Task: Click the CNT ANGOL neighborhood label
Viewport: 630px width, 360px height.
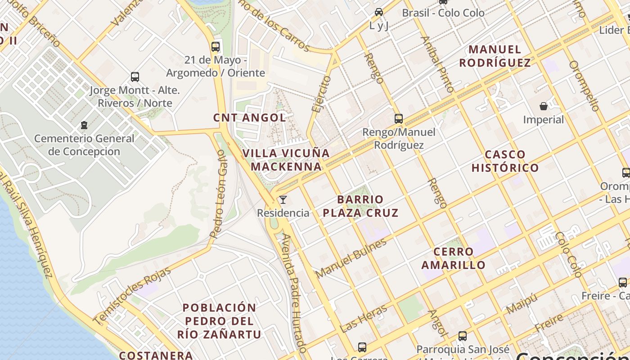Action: click(x=249, y=118)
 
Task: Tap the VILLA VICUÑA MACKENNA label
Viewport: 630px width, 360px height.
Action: click(x=286, y=160)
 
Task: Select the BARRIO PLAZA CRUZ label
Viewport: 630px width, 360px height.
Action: click(x=360, y=206)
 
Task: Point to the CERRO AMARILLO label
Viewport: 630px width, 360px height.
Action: click(x=453, y=258)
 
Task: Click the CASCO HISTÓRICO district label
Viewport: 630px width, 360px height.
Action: click(x=505, y=161)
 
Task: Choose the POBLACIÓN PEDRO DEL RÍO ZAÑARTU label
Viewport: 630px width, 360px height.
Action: click(x=219, y=321)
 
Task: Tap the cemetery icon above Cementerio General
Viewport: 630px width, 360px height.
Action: click(x=84, y=125)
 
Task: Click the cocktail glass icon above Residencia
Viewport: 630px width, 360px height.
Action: click(x=283, y=199)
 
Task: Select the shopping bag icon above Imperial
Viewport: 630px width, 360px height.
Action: click(x=544, y=106)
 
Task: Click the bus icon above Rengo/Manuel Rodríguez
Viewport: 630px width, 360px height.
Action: click(x=399, y=119)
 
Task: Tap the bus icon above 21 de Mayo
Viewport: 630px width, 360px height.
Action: click(x=216, y=46)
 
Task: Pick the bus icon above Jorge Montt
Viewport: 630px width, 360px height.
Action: click(x=135, y=77)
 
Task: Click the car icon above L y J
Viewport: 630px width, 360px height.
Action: click(x=379, y=12)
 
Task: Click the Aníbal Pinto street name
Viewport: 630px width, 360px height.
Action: click(x=436, y=64)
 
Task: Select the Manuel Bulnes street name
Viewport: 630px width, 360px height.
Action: click(x=351, y=258)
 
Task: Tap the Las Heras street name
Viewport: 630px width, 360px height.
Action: click(x=364, y=318)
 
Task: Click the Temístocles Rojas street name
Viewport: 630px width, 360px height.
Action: click(x=133, y=295)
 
